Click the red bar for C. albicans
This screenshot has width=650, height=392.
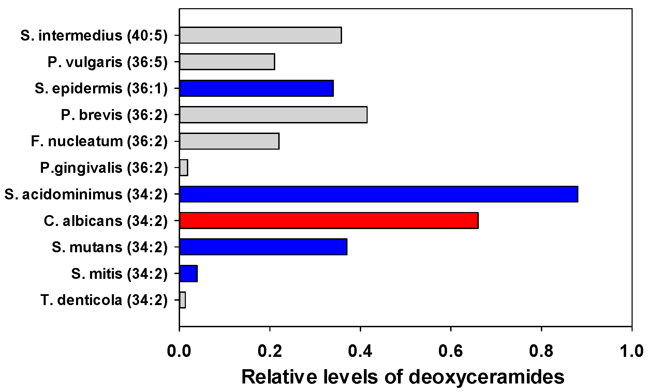pos(329,220)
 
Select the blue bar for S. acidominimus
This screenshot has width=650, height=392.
pos(379,194)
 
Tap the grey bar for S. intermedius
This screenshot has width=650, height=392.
pos(261,35)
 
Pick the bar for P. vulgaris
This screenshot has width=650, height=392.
pos(227,62)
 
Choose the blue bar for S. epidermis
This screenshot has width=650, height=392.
pos(256,88)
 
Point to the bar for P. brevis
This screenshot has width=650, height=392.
pos(273,115)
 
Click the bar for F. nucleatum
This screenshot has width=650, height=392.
pos(229,141)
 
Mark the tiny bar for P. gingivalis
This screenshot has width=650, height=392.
pos(184,168)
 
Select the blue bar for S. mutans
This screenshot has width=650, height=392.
pos(263,247)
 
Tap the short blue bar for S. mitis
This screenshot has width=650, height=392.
pos(189,273)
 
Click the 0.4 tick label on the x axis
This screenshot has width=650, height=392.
pos(360,351)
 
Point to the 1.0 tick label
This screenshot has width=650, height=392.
pos(632,351)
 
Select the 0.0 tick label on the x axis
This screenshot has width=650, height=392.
pos(179,351)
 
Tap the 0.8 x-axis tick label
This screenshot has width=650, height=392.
pos(541,351)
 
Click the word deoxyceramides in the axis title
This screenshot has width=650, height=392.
pos(485,377)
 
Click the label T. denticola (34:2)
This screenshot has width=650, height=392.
pos(104,300)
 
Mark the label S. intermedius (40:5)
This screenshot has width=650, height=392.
pos(94,35)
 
